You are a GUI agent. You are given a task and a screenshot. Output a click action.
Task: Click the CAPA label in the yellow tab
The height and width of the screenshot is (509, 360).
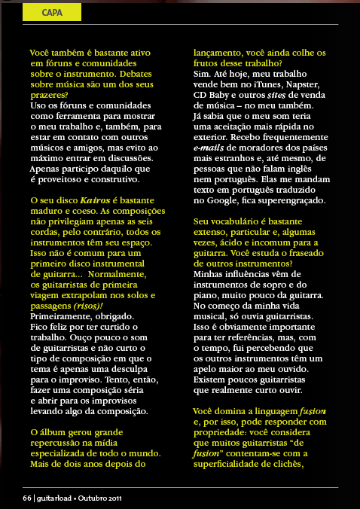(x=52, y=12)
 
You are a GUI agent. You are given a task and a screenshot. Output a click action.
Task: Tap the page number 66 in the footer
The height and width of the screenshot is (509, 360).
(x=26, y=498)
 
